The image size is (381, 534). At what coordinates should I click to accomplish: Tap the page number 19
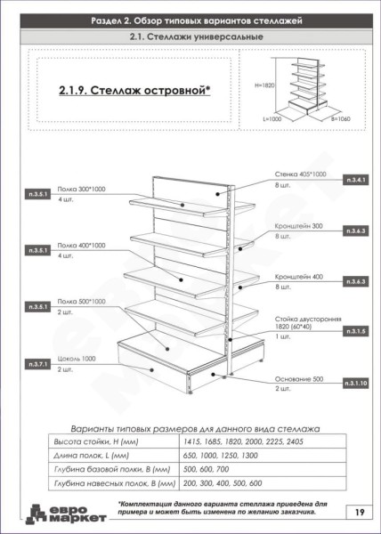click(357, 512)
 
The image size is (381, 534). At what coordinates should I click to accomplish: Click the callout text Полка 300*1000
click(81, 190)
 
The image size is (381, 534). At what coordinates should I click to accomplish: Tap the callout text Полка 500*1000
click(81, 302)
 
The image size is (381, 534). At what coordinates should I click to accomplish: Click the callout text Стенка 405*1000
click(301, 174)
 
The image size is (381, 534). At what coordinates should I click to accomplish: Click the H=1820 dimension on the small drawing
click(265, 86)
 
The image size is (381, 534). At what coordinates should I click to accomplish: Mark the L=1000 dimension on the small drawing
click(273, 117)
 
